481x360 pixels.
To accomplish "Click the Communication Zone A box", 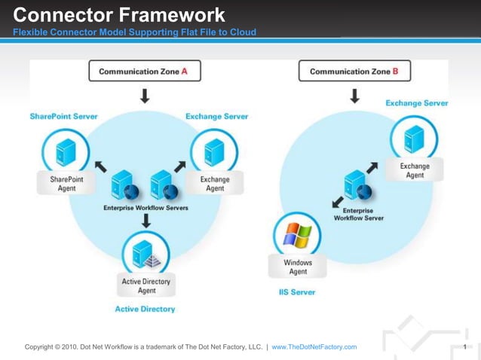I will pyautogui.click(x=145, y=72).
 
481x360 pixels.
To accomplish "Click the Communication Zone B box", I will pyautogui.click(x=354, y=72).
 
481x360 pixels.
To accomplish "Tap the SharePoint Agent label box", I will pyautogui.click(x=66, y=184).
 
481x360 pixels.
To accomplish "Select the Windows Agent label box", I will pyautogui.click(x=297, y=267).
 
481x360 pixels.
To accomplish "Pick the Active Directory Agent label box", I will pyautogui.click(x=146, y=285).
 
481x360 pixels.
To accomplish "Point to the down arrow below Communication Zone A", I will pyautogui.click(x=145, y=96).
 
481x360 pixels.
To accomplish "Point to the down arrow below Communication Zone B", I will pyautogui.click(x=354, y=96).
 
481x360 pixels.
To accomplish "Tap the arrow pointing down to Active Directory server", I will pyautogui.click(x=146, y=220).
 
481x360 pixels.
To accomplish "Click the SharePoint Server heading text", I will pyautogui.click(x=63, y=117).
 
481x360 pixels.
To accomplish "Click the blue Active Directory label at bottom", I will pyautogui.click(x=145, y=309).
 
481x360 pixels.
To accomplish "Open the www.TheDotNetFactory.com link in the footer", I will pyautogui.click(x=314, y=346).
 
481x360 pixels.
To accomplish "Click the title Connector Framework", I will pyautogui.click(x=119, y=14).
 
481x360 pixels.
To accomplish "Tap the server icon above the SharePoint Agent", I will pyautogui.click(x=66, y=152).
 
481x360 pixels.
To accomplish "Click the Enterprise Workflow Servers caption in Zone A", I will pyautogui.click(x=146, y=207).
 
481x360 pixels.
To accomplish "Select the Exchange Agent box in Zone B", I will pyautogui.click(x=415, y=170).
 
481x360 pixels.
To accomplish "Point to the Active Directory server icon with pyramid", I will pyautogui.click(x=146, y=253).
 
